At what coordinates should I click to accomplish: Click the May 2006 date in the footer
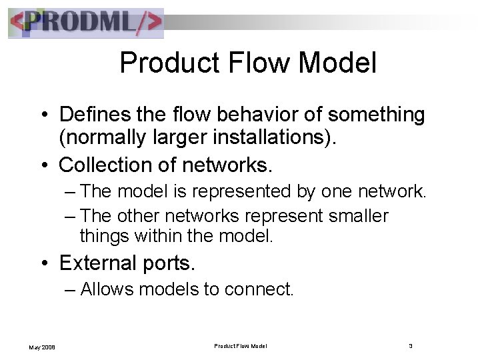[x=40, y=346]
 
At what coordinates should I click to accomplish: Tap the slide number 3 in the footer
[x=411, y=345]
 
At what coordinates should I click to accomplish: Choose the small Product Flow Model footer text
[x=241, y=345]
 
